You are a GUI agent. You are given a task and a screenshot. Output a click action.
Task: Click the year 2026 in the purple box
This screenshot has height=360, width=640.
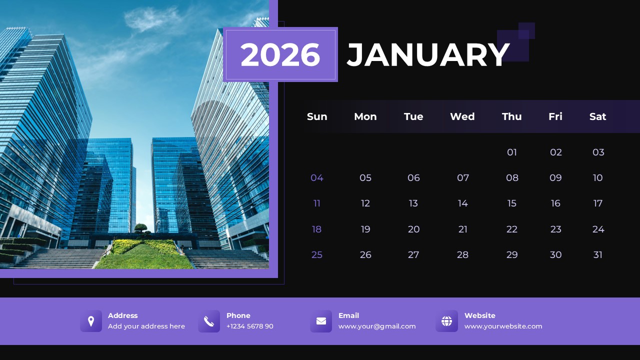280,54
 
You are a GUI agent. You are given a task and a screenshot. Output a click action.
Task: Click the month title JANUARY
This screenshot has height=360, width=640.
428,54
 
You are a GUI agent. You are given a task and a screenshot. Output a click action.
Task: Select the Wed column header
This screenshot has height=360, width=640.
462,116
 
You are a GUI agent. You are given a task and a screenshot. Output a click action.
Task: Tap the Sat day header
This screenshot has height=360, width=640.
597,116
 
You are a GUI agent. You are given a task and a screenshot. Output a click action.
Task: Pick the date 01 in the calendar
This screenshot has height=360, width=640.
512,152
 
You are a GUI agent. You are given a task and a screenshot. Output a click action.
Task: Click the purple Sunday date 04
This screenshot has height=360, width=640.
317,178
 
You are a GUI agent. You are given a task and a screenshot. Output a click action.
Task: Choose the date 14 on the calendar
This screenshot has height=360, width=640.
463,203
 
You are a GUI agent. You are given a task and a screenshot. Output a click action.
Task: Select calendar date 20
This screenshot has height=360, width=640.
413,229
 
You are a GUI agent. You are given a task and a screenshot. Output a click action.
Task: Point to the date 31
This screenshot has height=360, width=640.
597,255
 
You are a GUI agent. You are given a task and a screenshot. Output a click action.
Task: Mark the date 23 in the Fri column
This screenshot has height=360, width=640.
555,229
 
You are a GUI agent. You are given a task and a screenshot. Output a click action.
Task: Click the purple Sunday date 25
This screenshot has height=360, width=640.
317,255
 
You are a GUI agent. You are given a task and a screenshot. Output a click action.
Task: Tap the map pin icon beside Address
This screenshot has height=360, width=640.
91,321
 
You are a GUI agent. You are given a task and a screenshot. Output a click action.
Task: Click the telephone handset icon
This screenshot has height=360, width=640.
209,321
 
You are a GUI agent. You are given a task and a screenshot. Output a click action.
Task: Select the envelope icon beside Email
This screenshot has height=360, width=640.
321,321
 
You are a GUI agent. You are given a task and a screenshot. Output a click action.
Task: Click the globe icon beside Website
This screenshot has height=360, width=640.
446,321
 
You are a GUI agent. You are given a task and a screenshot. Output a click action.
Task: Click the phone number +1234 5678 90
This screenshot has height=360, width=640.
250,326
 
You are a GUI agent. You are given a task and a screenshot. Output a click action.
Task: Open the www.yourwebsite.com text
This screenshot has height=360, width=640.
503,326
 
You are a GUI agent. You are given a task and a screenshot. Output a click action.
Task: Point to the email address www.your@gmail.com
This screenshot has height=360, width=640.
377,326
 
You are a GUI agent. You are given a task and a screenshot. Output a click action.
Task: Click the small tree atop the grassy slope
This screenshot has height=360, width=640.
141,228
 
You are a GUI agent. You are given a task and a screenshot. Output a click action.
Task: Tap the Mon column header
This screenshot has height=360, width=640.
365,116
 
